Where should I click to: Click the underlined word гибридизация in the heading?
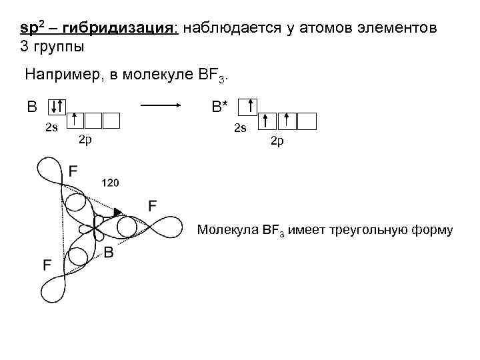(130, 31)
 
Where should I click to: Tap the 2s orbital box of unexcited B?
(58, 106)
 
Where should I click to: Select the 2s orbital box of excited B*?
(248, 106)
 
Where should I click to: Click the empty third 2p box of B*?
(307, 121)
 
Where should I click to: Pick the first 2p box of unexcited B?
(76, 120)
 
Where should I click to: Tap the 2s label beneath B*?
(239, 127)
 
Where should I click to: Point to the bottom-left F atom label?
(48, 265)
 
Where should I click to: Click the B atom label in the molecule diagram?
(109, 253)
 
